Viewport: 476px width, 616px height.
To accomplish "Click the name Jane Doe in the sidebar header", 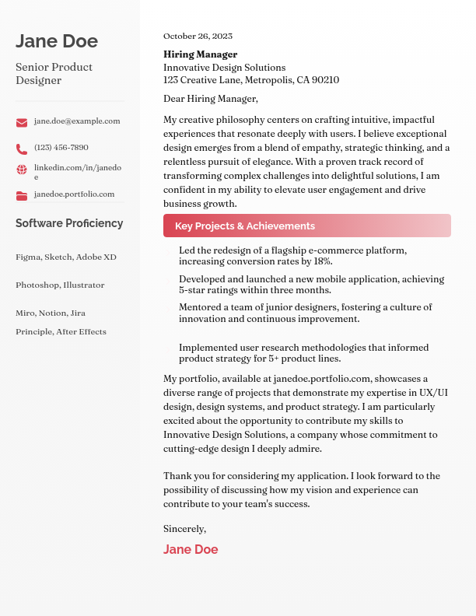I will point(57,41).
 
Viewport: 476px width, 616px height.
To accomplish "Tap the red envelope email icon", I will point(22,123).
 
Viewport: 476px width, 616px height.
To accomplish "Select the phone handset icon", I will point(22,149).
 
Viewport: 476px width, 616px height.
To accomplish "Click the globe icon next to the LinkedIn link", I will point(22,170).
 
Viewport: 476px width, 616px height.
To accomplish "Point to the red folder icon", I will point(22,196).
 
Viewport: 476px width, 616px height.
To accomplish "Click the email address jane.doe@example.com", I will point(77,121).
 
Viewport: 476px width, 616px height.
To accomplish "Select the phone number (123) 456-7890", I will point(61,148).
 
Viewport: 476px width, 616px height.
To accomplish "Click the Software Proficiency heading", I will point(69,223).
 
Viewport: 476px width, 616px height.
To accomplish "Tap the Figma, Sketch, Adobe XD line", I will point(65,257).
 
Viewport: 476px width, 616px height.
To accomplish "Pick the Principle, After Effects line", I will point(61,332).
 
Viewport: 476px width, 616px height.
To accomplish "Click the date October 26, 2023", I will point(198,37).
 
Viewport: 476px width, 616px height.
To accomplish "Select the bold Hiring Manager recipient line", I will point(200,54).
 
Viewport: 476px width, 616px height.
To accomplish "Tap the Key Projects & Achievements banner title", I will point(245,226).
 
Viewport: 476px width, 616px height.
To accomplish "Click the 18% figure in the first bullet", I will point(323,261).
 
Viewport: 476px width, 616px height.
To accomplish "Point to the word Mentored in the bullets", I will point(200,308).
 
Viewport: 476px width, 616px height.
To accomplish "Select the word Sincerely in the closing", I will point(184,529).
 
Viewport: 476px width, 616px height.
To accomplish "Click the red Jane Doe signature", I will point(191,550).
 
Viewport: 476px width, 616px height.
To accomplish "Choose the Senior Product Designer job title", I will point(54,74).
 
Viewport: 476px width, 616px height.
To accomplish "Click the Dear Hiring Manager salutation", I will point(210,99).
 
